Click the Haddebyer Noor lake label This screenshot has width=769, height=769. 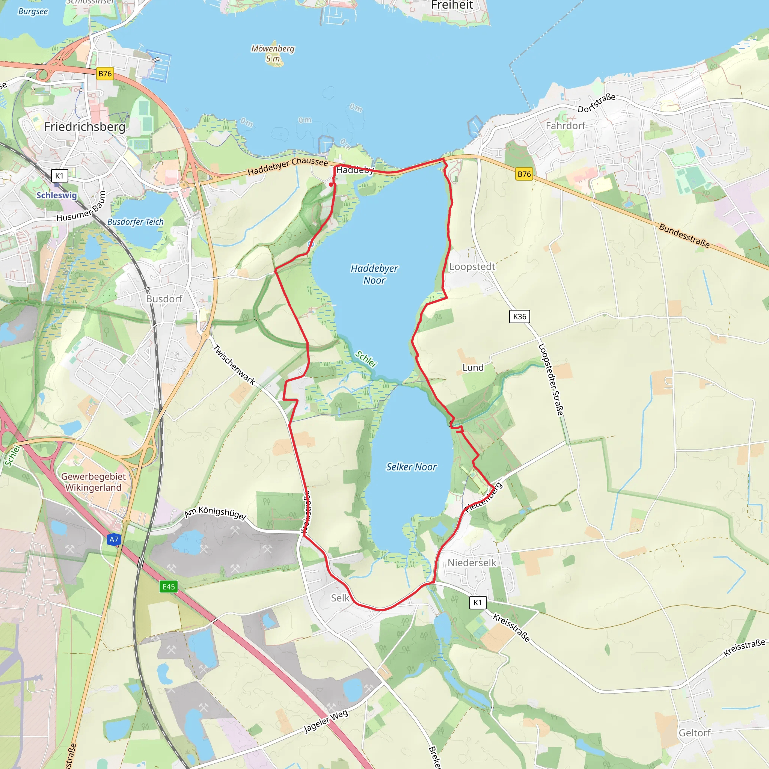point(374,274)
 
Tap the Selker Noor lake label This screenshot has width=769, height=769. point(411,467)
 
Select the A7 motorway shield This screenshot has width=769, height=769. point(114,539)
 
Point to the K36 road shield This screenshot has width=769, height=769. point(519,317)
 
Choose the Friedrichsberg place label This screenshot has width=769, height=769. point(85,127)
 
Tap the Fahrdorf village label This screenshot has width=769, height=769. point(565,126)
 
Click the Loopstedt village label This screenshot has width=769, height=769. point(472,267)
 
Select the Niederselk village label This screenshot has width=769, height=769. point(472,562)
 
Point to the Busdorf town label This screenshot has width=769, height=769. point(164,299)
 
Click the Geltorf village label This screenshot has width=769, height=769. point(695,733)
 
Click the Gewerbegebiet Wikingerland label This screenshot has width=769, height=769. point(93,482)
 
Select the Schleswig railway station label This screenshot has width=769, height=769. point(57,195)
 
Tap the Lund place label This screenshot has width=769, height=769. point(473,367)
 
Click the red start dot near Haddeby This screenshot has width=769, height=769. point(331,185)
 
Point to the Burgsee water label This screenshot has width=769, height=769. point(33,12)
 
